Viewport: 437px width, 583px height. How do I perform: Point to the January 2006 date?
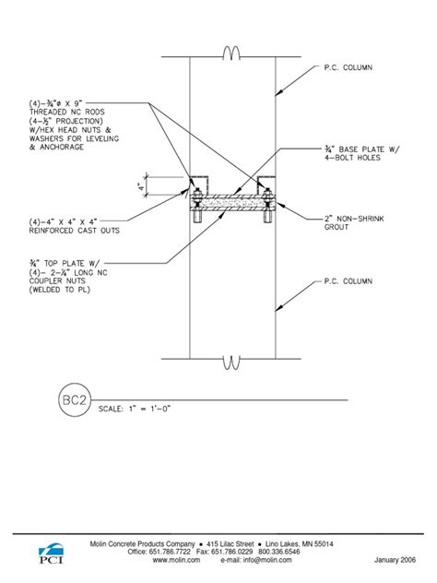click(x=396, y=559)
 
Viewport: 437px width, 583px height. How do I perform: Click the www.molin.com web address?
click(x=177, y=559)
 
